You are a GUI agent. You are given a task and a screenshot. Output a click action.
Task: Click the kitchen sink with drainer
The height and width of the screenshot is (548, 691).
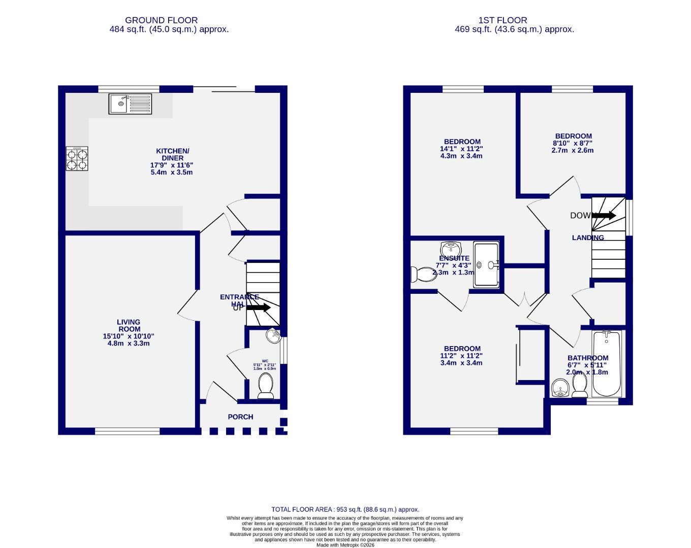pos(130,104)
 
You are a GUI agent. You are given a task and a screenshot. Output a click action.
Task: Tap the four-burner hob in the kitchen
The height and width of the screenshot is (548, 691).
pos(77,158)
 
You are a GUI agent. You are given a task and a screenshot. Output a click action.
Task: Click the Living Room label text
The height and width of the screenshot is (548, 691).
pos(128,325)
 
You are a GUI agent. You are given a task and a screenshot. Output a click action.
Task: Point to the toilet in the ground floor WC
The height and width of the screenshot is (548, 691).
pos(266,386)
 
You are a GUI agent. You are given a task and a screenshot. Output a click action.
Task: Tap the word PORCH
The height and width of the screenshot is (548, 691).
pos(240,417)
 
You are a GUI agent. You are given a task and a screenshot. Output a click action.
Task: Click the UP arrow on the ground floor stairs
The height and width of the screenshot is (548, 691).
pos(259,307)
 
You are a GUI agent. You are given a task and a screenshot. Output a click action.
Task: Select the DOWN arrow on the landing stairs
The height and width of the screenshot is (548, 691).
pos(604,216)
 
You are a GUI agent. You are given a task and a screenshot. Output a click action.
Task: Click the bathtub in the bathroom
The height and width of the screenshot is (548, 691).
pos(606,364)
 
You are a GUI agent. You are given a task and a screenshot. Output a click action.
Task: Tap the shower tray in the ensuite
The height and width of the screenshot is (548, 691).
pos(486,265)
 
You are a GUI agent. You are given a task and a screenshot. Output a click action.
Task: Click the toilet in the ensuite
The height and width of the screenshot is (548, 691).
pos(420,274)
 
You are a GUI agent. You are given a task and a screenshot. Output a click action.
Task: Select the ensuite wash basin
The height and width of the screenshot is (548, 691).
pos(450,249)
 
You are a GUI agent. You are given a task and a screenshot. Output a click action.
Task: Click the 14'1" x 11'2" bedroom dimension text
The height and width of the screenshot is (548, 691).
pos(461,149)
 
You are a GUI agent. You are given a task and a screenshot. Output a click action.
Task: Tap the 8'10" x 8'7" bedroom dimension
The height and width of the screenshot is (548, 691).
pos(573,143)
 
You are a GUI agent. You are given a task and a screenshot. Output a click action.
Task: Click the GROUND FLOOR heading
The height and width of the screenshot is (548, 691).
pos(161,20)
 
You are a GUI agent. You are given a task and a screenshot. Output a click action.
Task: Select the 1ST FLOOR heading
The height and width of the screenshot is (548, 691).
pos(502,20)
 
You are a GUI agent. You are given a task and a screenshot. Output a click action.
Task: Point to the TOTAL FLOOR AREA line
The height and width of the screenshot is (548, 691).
pos(345,509)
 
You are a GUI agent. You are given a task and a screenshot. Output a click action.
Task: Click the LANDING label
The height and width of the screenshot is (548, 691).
pos(588,237)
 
